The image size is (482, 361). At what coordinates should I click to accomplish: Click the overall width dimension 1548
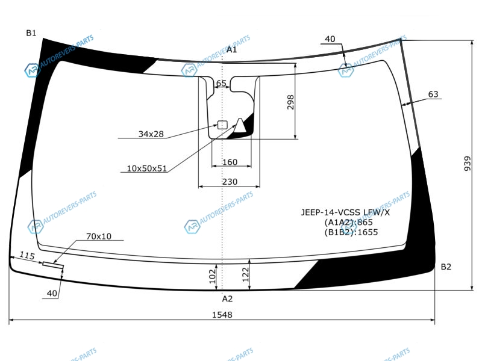pos(222,315)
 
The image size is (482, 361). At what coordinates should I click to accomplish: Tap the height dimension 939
pos(468,164)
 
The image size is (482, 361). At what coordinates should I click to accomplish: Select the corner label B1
pos(31,33)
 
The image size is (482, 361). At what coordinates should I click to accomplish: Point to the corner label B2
pos(446,267)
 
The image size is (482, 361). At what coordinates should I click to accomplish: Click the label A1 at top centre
pos(231,50)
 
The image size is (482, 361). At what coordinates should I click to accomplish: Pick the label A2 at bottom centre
pos(227,298)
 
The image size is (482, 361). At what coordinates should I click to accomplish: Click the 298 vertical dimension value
pos(290,102)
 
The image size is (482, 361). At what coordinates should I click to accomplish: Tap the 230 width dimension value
pos(230,182)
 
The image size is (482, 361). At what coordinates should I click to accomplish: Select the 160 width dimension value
pos(230,162)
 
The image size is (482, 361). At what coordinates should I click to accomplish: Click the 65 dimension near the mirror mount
pos(221,83)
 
